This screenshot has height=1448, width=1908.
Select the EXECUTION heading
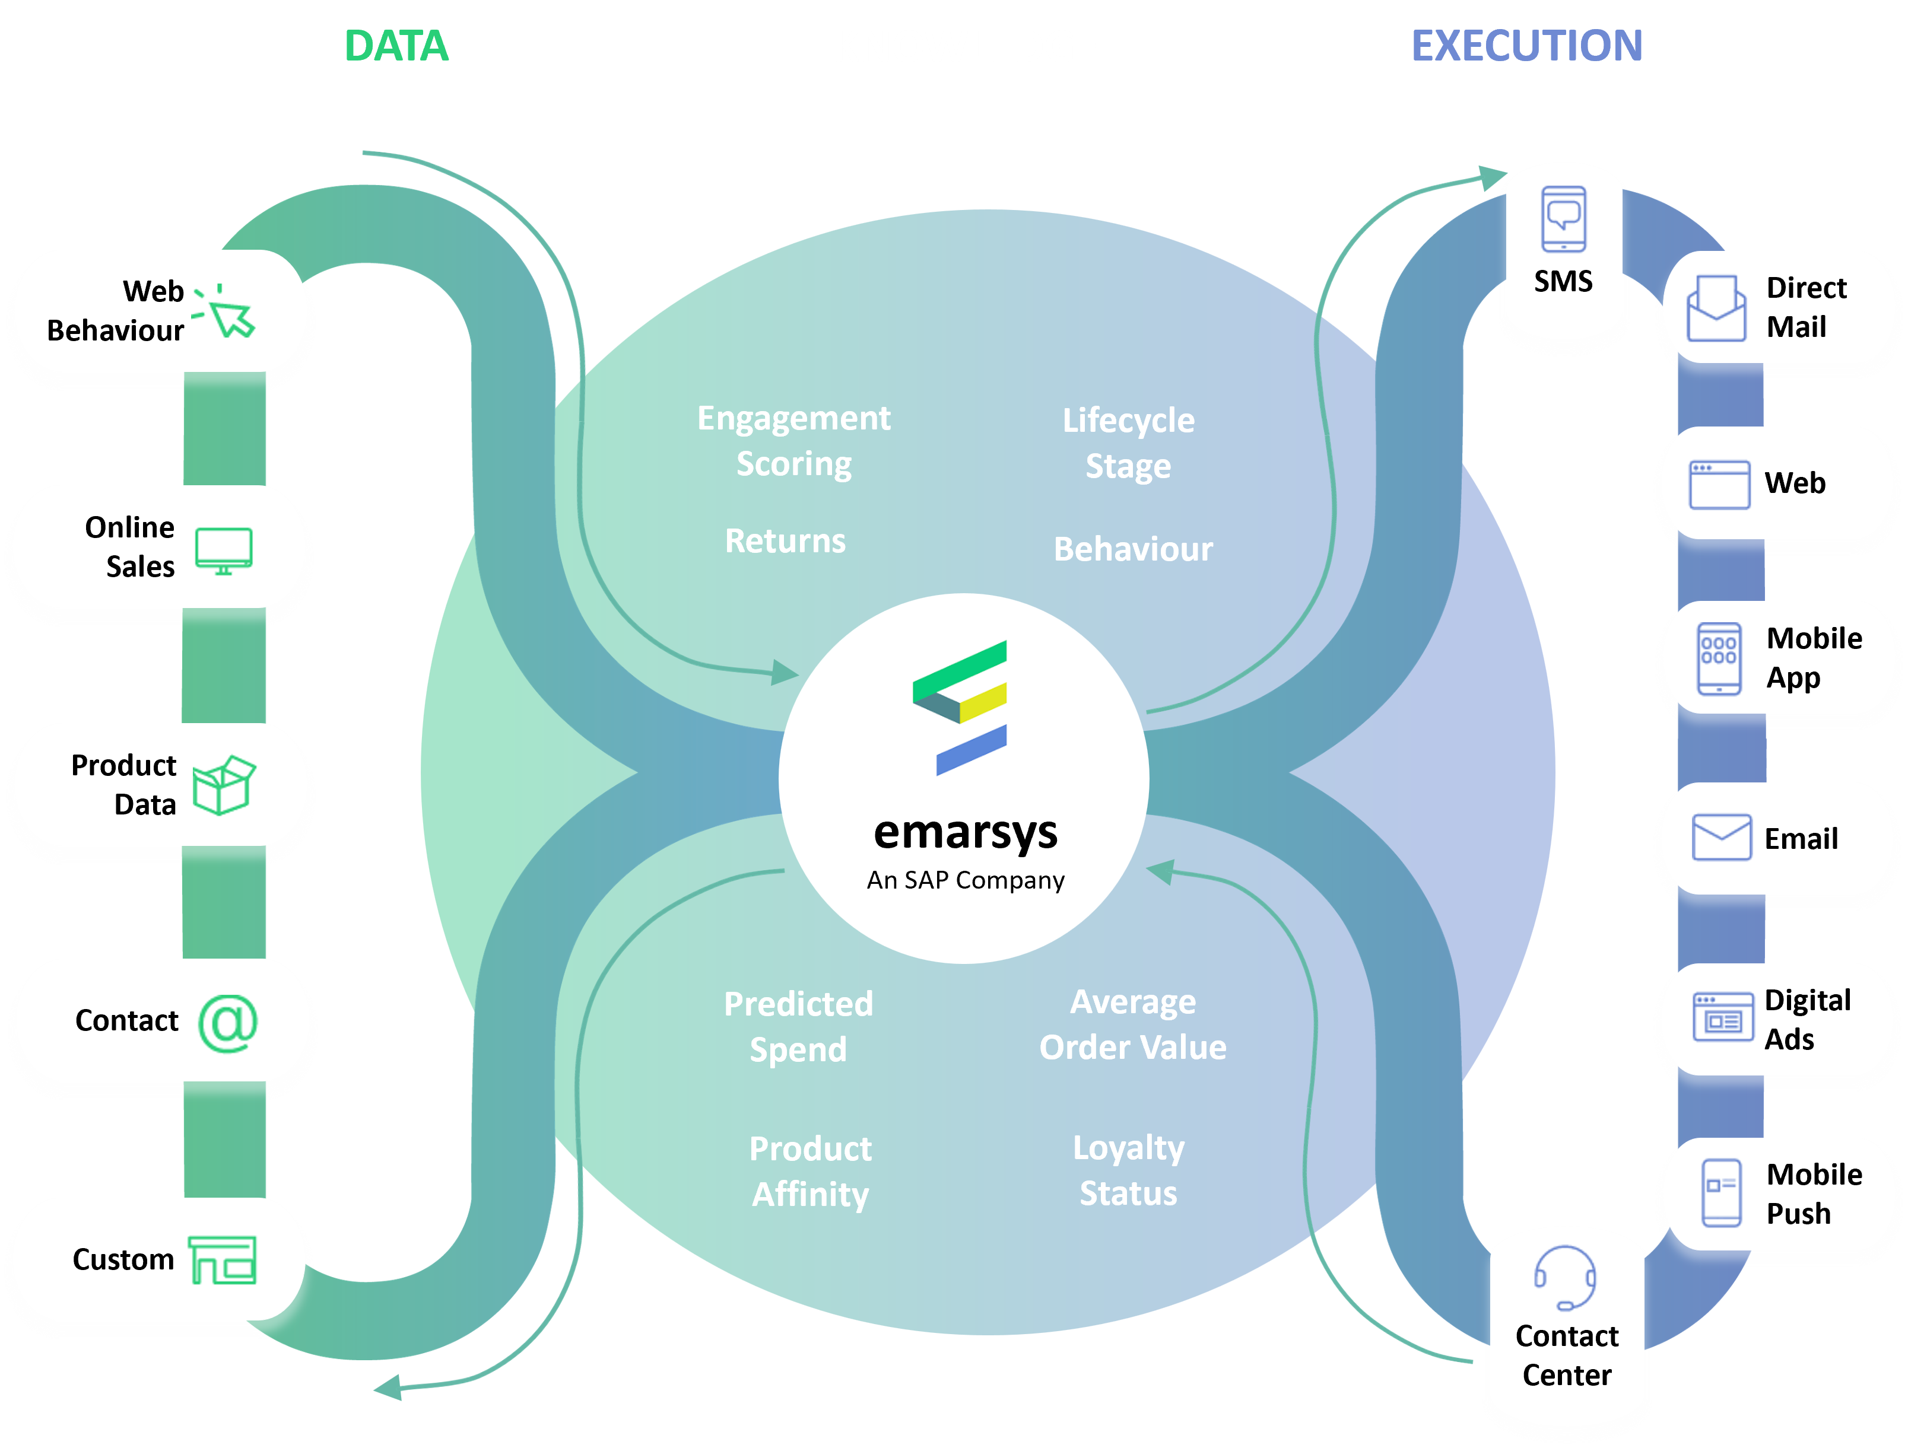coord(1527,46)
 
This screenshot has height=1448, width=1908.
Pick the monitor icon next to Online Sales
coord(223,550)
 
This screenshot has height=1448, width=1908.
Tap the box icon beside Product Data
coord(223,785)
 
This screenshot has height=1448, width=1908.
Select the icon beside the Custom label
coord(223,1260)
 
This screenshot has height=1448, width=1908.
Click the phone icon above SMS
coord(1564,218)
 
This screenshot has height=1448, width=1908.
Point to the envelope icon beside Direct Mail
coord(1716,308)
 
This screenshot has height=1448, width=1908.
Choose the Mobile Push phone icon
coord(1721,1193)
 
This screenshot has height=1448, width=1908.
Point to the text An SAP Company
coord(965,880)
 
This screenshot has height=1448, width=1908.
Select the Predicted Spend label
coord(798,1026)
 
